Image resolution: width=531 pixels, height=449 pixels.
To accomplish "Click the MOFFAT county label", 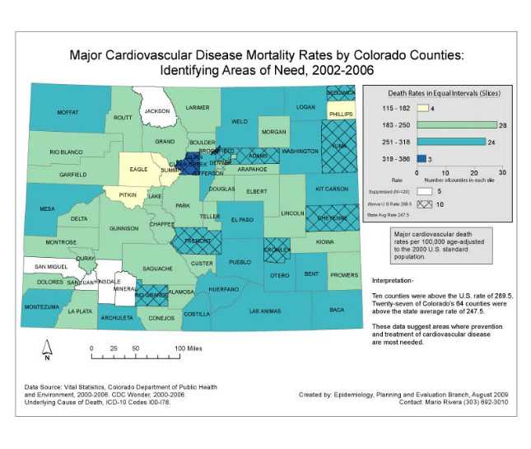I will (x=68, y=112).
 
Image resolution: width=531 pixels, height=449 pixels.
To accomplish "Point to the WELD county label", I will (x=239, y=121).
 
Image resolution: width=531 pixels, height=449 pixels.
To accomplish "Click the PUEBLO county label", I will (x=239, y=262).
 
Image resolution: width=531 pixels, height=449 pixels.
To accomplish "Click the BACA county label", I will (x=337, y=310).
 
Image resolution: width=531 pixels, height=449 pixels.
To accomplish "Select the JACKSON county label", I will (x=156, y=111).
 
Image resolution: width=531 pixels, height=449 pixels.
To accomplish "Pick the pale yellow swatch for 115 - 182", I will (x=423, y=108).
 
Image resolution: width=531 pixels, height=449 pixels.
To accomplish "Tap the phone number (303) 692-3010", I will (x=481, y=403).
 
